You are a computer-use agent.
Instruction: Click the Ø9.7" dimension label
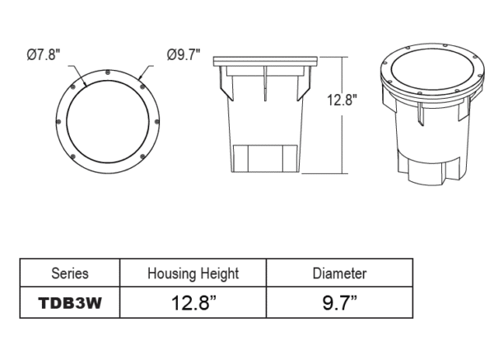pyautogui.click(x=182, y=54)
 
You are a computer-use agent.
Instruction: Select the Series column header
pyautogui.click(x=69, y=273)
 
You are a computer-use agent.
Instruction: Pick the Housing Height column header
pyautogui.click(x=193, y=273)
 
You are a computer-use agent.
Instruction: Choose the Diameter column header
pyautogui.click(x=339, y=273)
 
